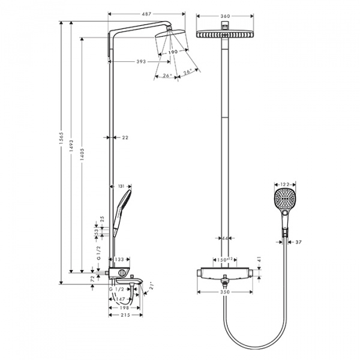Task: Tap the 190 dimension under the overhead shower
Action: pos(173,53)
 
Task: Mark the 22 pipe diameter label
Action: pos(125,137)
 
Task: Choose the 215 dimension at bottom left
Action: pos(124,314)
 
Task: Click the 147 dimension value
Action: pos(119,298)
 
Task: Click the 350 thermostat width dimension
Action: pos(225,292)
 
